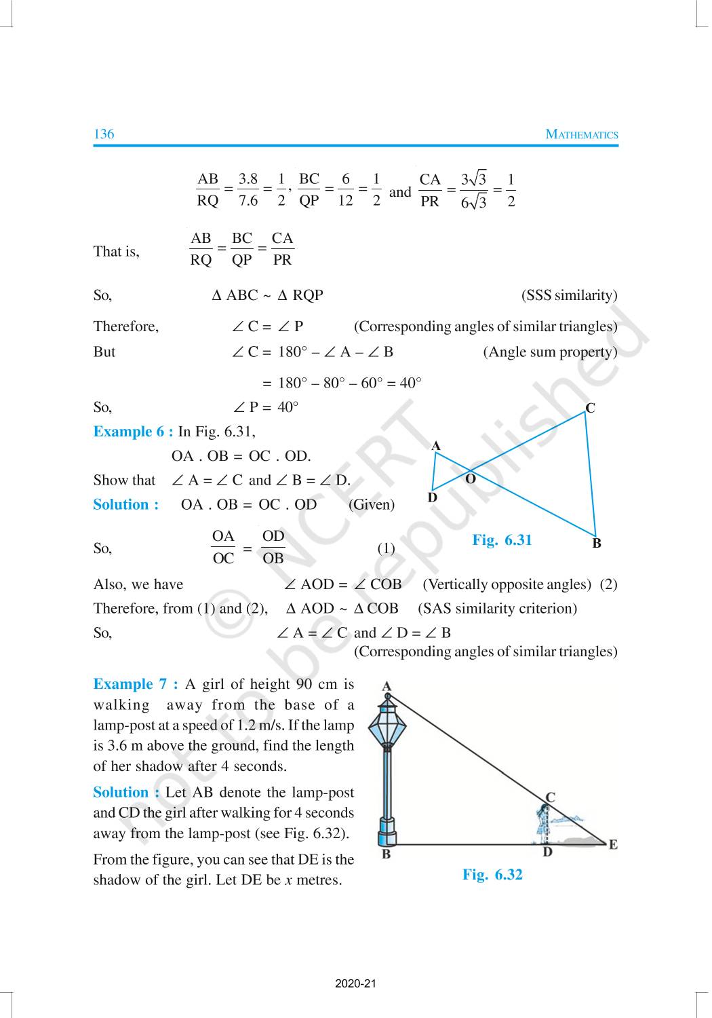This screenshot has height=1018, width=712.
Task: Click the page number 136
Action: pos(104,134)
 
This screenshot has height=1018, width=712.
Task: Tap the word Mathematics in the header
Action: pos(582,134)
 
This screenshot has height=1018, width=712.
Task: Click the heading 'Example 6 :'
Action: pos(133,432)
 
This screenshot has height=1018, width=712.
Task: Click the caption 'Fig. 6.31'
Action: pos(502,540)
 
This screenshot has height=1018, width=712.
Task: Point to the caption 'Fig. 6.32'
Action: pos(492,874)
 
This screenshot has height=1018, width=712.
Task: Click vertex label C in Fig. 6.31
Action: pos(590,408)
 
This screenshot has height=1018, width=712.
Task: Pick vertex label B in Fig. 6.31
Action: pos(597,543)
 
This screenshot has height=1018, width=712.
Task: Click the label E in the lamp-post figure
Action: pos(613,845)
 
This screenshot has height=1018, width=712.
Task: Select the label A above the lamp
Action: pos(387,686)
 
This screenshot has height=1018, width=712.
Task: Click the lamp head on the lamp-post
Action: pos(387,723)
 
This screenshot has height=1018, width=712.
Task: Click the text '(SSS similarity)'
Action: pos(569,295)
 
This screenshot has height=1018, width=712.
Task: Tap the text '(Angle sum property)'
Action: pos(550,352)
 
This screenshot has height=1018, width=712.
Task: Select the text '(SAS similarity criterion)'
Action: pos(498,608)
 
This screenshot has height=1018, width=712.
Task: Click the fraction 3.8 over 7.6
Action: pos(248,189)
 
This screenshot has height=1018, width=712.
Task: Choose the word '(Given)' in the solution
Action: pos(371,504)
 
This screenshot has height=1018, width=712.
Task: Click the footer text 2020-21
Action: pos(355,983)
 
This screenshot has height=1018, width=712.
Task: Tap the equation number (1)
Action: pos(386,548)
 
